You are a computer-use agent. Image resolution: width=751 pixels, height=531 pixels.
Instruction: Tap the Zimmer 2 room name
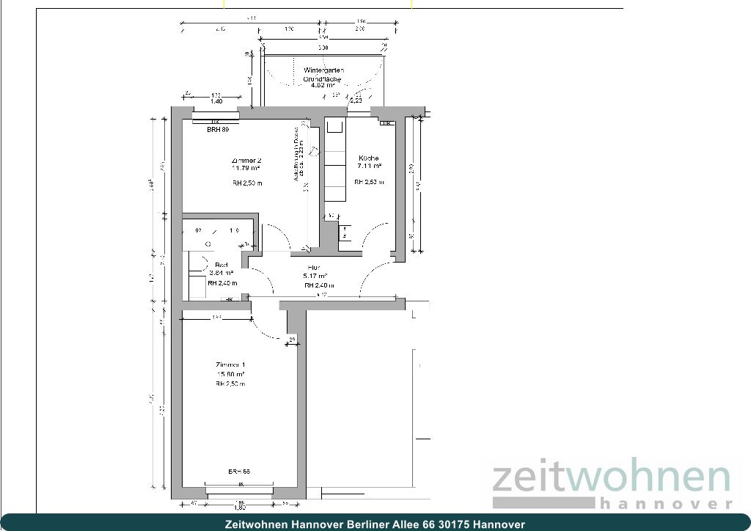click(x=246, y=160)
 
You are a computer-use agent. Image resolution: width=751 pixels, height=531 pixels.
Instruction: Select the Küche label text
click(x=369, y=158)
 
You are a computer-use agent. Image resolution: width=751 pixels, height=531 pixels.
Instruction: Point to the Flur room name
click(x=314, y=268)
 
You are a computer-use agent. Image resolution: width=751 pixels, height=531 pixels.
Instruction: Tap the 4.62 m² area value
click(x=323, y=85)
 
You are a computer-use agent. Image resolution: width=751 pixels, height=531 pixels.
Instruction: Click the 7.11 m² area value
click(x=369, y=166)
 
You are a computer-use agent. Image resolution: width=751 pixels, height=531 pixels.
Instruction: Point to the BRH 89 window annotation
click(x=218, y=130)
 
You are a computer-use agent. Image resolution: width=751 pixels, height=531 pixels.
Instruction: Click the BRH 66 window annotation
click(x=239, y=472)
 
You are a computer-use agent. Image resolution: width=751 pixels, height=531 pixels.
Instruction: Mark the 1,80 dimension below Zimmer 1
click(x=239, y=507)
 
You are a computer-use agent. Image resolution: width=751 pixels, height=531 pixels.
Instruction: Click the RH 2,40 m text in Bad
click(x=222, y=283)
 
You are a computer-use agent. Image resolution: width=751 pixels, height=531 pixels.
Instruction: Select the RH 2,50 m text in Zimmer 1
click(x=230, y=384)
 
